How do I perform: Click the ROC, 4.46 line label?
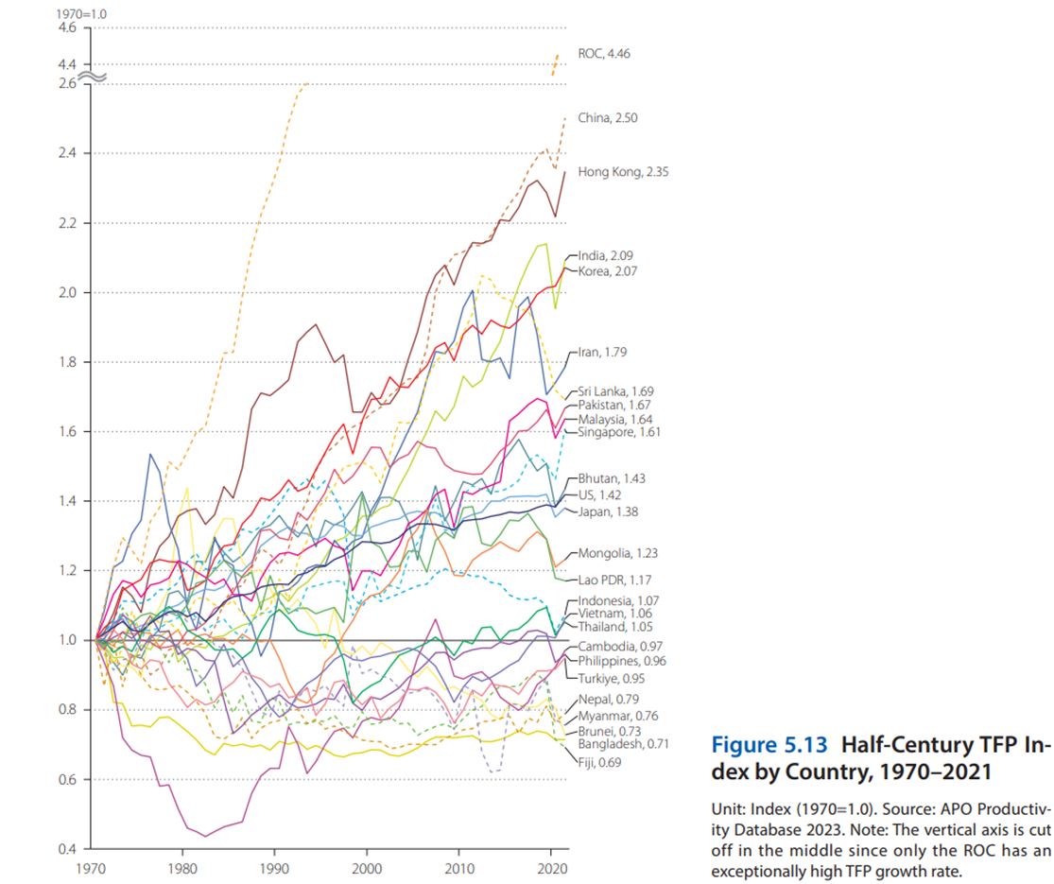point(603,54)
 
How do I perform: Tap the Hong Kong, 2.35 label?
point(623,172)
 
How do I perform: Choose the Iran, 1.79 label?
point(601,352)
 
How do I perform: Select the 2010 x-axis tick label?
point(458,867)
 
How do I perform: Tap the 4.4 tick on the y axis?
point(67,64)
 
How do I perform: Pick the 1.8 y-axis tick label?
point(67,362)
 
